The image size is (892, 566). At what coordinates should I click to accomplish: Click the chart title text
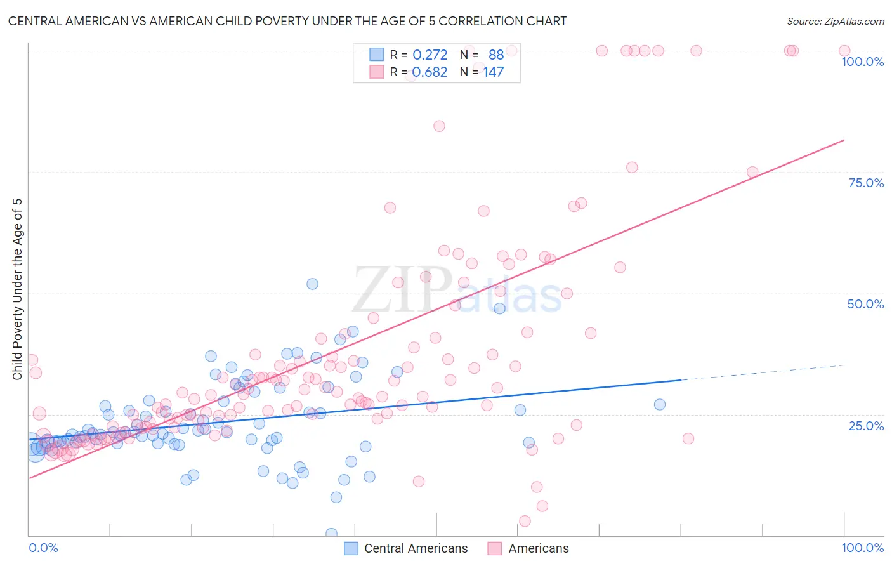coord(287,21)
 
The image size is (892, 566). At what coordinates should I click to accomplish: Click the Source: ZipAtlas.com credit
coord(835,21)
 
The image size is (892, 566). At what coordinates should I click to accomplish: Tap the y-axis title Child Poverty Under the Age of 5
coord(17,289)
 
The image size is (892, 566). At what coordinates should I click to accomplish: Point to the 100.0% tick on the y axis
coord(862,62)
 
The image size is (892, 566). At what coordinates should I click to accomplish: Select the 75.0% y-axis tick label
coord(866,183)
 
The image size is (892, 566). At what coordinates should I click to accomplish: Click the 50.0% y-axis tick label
coord(865,304)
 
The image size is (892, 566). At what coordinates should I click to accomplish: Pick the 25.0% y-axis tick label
coord(866,425)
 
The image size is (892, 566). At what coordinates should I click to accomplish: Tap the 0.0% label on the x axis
coord(43,548)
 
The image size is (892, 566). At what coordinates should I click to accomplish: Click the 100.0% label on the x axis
coord(862,548)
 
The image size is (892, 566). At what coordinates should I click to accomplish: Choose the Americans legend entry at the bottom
coord(538,548)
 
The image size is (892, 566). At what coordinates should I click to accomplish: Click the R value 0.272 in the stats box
coord(430,55)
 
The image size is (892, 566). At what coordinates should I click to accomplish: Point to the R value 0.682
coord(430,72)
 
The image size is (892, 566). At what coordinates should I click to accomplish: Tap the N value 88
coord(496,55)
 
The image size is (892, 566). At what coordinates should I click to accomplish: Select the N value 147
coord(494,72)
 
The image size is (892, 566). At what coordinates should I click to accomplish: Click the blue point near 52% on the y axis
coord(312,284)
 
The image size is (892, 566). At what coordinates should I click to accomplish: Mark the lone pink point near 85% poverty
coord(439,126)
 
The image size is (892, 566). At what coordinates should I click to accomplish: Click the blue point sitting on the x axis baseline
coord(331,534)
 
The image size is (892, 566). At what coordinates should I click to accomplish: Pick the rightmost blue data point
coord(660,405)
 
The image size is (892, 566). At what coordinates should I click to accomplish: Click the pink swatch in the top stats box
coord(377,72)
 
